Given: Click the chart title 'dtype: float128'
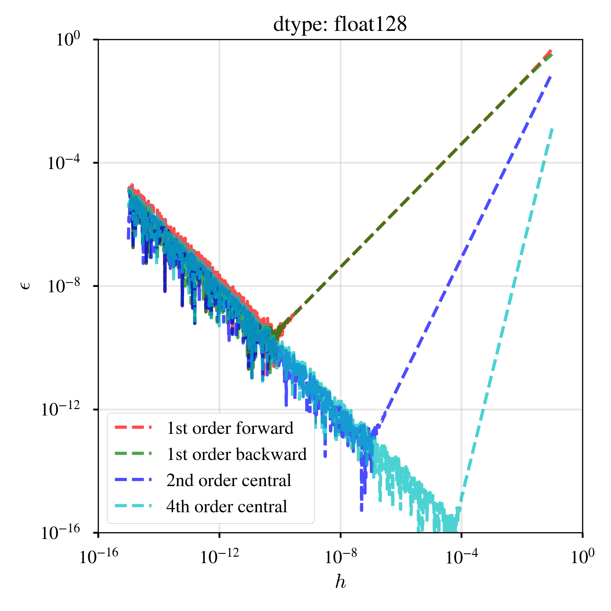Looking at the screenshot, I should [340, 24].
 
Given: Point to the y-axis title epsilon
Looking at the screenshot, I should [26, 286].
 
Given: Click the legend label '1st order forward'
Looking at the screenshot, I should [230, 428].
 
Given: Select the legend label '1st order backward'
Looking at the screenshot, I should [236, 455].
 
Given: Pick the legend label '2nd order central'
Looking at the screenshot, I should [229, 481].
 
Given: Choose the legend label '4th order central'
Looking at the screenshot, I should [227, 507].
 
